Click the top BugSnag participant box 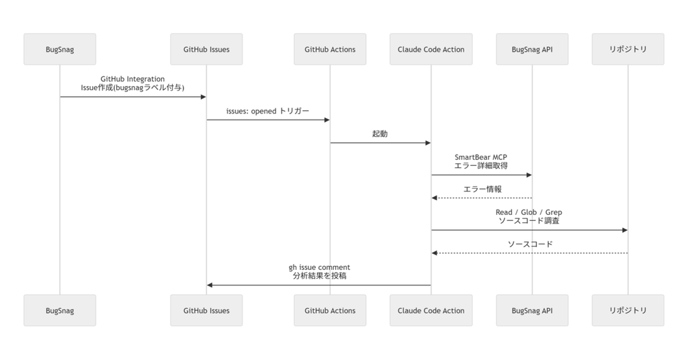click(60, 49)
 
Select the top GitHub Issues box click(206, 49)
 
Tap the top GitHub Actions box click(330, 49)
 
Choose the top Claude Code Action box click(431, 49)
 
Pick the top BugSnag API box click(532, 49)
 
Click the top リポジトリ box click(628, 49)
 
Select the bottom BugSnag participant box click(60, 310)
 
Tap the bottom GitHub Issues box click(206, 310)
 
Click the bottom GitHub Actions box click(330, 310)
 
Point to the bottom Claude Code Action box click(431, 310)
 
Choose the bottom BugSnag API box click(532, 310)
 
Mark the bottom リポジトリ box click(628, 310)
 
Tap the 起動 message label click(380, 134)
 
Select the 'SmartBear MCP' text click(480, 157)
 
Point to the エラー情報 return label click(482, 189)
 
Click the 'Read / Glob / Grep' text click(529, 212)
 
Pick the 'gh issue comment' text click(319, 267)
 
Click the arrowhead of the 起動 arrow click(427, 142)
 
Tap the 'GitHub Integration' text click(132, 79)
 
